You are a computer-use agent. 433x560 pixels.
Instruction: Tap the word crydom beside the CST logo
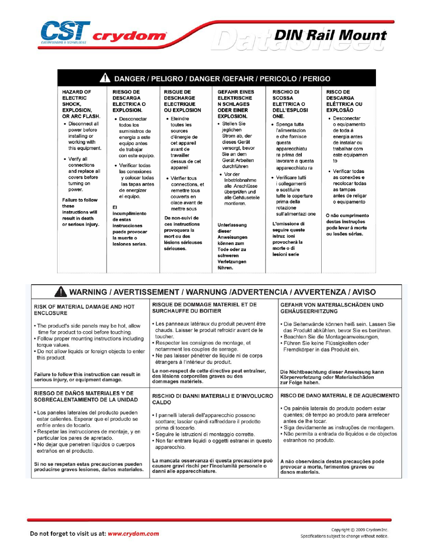tap(129, 36)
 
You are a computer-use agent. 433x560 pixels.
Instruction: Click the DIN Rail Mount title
tap(330, 36)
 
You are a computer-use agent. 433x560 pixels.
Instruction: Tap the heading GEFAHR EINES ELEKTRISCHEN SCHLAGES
tap(236, 104)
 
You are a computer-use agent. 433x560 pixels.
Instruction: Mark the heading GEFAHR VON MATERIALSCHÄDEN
tap(332, 308)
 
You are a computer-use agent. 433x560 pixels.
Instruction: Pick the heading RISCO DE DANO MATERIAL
tap(340, 395)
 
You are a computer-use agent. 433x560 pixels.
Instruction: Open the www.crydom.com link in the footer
tap(133, 534)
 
